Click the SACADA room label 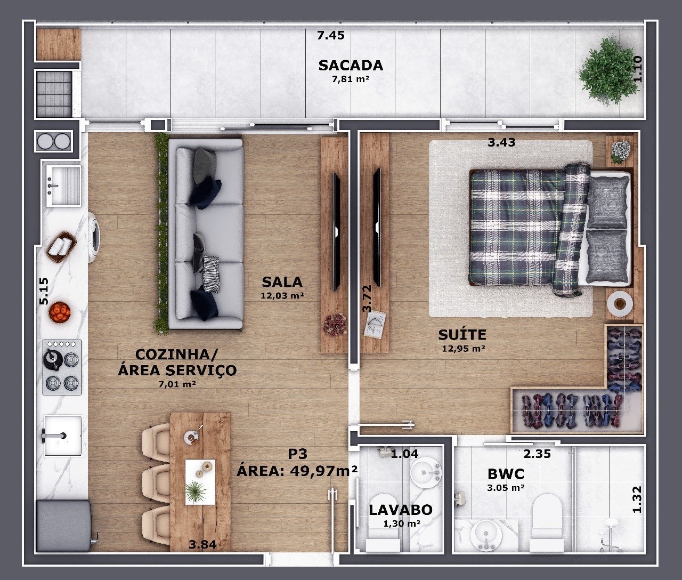(x=351, y=66)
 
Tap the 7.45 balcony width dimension (x=330, y=35)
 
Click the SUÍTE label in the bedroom (x=462, y=335)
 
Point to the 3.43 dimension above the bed (x=501, y=143)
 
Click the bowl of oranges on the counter (x=60, y=312)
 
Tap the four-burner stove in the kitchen (x=62, y=367)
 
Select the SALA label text (x=282, y=282)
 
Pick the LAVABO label (x=401, y=510)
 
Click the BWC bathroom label (x=506, y=474)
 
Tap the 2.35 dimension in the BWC (x=537, y=454)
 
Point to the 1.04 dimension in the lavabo (x=404, y=454)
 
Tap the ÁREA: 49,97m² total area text (x=297, y=471)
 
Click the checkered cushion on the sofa (x=211, y=274)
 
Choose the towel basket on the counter (x=62, y=247)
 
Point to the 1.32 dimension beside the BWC (x=637, y=499)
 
